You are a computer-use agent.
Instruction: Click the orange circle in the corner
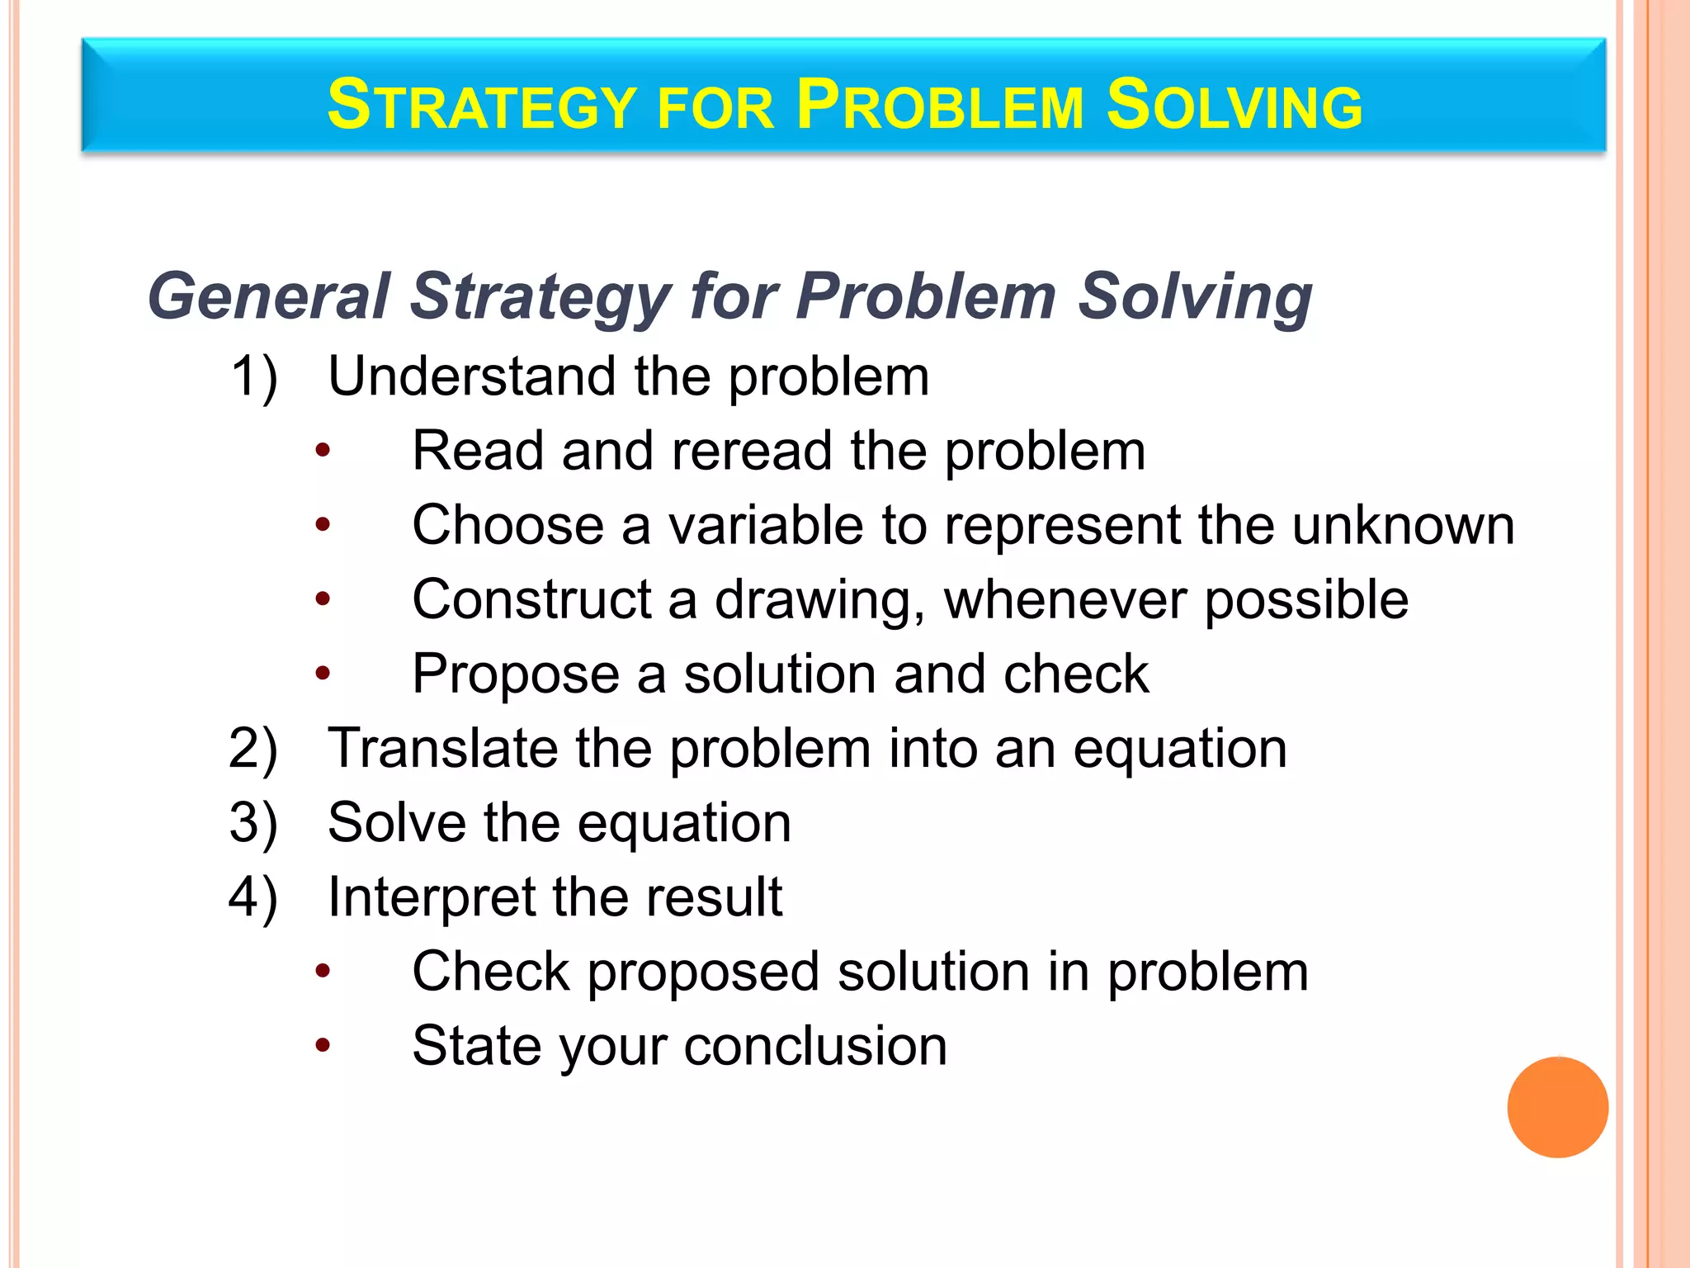click(1557, 1107)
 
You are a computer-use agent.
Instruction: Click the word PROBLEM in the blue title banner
click(940, 106)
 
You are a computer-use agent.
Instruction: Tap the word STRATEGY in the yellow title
click(481, 106)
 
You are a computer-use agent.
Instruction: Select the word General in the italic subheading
click(268, 296)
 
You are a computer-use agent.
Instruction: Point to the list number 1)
click(253, 377)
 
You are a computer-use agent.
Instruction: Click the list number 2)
click(253, 749)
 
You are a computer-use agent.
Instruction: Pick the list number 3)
click(253, 823)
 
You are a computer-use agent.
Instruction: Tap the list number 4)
click(253, 897)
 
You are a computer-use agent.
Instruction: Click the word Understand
click(471, 376)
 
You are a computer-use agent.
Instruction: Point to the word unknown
click(1403, 525)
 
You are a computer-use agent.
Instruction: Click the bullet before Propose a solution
click(323, 674)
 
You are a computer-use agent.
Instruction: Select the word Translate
click(441, 749)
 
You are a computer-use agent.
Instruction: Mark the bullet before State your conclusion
click(323, 1046)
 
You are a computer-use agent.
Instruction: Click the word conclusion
click(815, 1046)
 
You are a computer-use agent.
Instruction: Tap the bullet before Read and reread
click(323, 451)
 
